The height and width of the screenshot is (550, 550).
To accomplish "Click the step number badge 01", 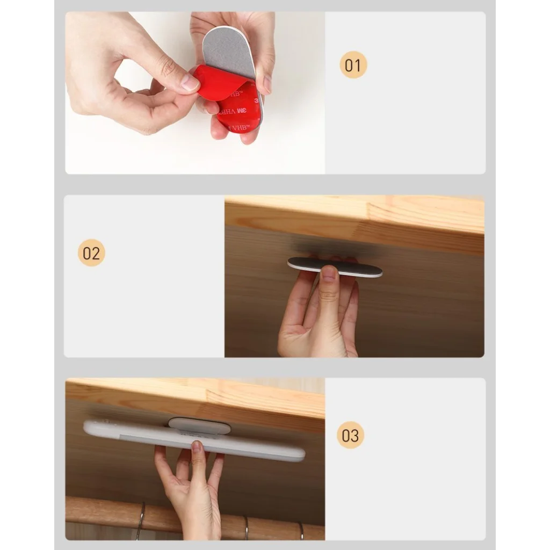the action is click(353, 65).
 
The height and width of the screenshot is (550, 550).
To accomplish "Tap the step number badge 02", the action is click(91, 252).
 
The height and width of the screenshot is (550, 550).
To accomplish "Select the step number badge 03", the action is click(350, 435).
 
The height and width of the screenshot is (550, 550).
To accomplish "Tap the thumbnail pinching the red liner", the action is click(190, 82).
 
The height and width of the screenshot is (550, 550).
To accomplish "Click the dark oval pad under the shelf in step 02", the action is click(335, 266).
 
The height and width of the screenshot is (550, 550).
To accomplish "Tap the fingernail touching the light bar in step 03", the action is click(197, 446).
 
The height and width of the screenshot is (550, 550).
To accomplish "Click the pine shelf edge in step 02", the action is click(354, 225).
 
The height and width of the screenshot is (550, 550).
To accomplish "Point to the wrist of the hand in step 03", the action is click(200, 526).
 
